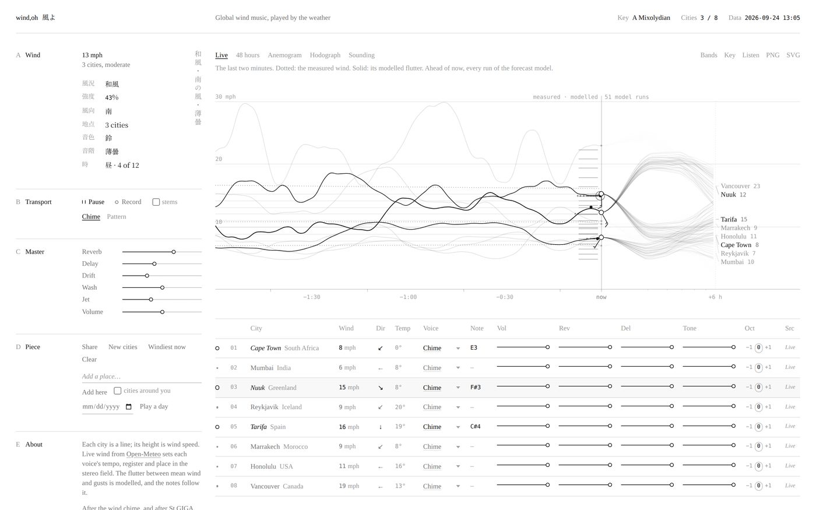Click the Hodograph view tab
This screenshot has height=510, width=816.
[x=325, y=55]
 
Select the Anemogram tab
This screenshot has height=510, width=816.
[x=284, y=55]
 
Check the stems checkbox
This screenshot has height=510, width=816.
[x=156, y=202]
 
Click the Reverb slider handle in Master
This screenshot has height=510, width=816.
[x=174, y=252]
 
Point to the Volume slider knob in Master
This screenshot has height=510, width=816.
[x=163, y=312]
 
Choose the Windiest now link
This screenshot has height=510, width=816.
[x=167, y=347]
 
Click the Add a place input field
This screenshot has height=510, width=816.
[x=142, y=377]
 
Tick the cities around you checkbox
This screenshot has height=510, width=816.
[x=117, y=391]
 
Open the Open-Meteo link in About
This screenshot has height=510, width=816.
[x=143, y=454]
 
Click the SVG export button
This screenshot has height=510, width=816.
[x=793, y=55]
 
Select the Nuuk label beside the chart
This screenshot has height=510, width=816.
[x=728, y=195]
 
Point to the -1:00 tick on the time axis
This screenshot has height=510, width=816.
[x=408, y=297]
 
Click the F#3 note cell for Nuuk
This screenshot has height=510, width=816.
[x=476, y=387]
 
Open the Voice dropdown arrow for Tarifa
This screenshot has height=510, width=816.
[x=458, y=427]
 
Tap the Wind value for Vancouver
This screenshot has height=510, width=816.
[x=349, y=486]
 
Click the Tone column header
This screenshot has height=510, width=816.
[x=689, y=328]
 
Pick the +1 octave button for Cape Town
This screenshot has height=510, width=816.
[x=768, y=347]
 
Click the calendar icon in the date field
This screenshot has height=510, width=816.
[x=129, y=407]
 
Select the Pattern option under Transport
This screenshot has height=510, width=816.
[x=117, y=217]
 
